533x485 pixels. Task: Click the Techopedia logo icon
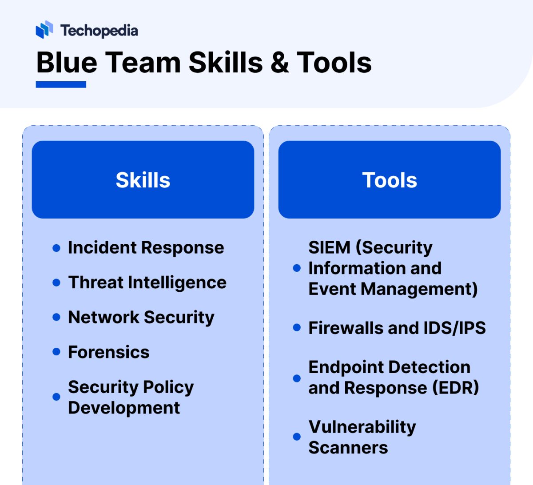point(44,30)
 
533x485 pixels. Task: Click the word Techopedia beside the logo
point(99,31)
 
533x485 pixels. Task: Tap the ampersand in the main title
point(279,63)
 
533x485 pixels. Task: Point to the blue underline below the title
point(61,84)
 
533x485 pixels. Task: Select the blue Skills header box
point(143,180)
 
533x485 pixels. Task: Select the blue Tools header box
point(390,180)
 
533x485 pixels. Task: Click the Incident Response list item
point(146,248)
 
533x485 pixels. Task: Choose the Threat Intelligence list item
point(147,282)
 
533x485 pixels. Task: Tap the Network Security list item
point(141,317)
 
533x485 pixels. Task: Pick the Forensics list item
point(108,352)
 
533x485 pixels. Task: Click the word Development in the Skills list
point(124,408)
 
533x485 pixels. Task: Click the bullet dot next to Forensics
point(56,352)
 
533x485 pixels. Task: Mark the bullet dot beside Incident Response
point(56,248)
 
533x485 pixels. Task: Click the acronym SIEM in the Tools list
point(329,247)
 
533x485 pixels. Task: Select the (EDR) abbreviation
point(456,388)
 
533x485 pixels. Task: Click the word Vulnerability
point(362,427)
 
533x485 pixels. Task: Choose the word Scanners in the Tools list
point(348,448)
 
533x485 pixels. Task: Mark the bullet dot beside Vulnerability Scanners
point(297,437)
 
